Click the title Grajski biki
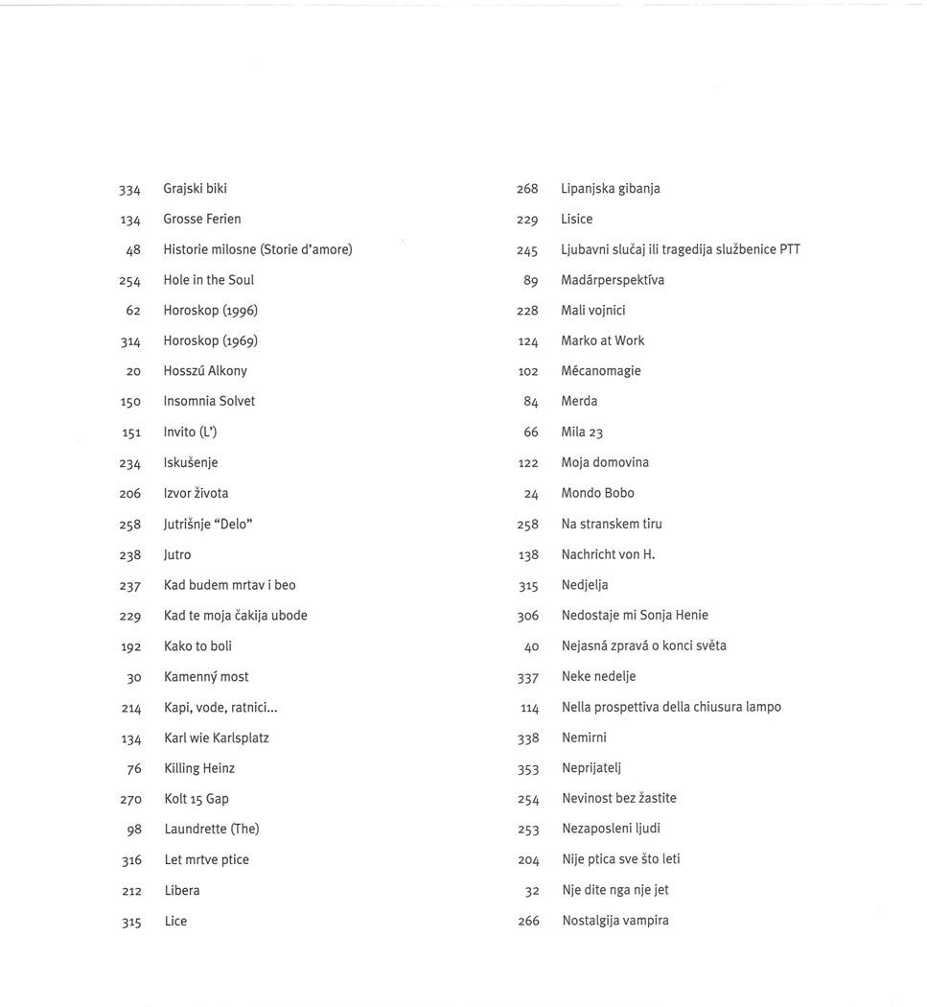(x=195, y=189)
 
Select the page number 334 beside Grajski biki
(x=129, y=190)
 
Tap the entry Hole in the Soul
(x=208, y=280)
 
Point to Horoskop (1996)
(x=210, y=311)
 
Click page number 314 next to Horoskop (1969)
(x=130, y=341)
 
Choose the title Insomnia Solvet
(x=209, y=401)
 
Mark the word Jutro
(x=177, y=554)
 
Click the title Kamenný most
(x=206, y=677)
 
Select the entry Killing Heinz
(x=199, y=768)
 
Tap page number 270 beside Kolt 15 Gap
(x=130, y=799)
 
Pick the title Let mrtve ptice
(x=206, y=860)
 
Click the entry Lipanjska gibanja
(x=611, y=189)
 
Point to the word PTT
(x=789, y=249)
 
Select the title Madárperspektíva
(x=613, y=280)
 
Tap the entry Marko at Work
(x=603, y=340)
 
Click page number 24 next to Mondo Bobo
(x=531, y=494)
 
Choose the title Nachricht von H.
(x=608, y=554)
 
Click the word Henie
(x=691, y=616)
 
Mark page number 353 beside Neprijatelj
(x=528, y=768)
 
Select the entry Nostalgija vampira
(x=615, y=921)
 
